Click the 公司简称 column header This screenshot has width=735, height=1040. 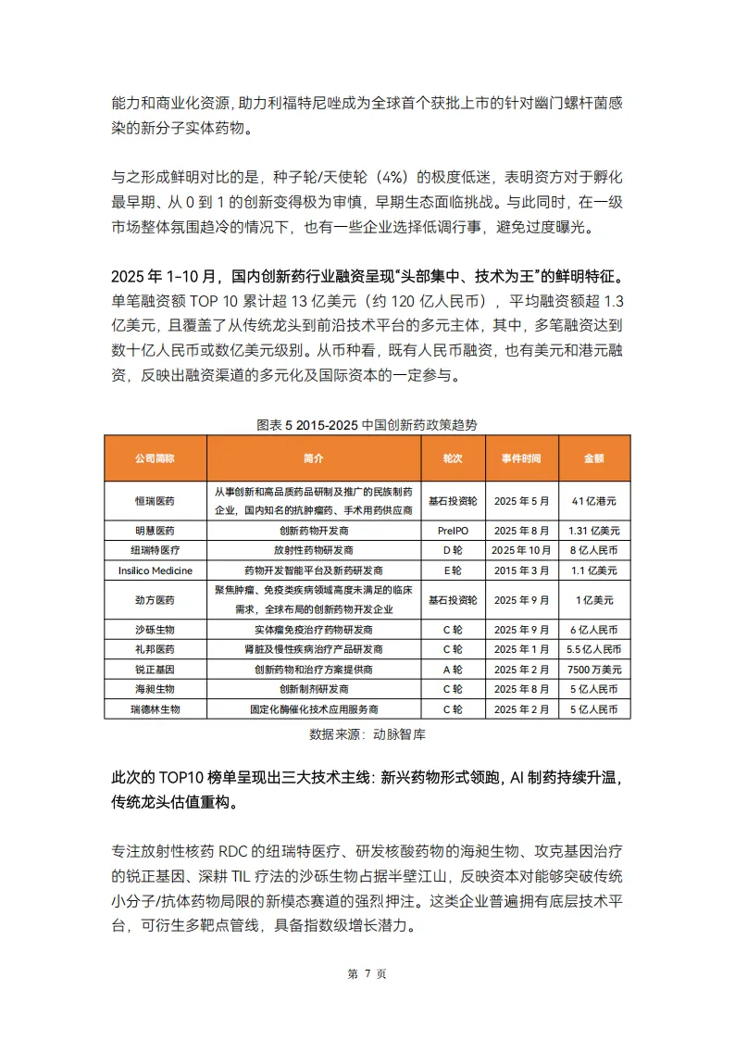pyautogui.click(x=155, y=458)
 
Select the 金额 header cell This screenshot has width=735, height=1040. pyautogui.click(x=593, y=458)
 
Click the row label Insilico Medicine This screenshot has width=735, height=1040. pyautogui.click(x=155, y=570)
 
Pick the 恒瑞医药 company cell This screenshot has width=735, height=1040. pyautogui.click(x=155, y=501)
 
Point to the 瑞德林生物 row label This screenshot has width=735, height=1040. pyautogui.click(x=155, y=708)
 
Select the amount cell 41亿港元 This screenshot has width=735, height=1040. pyautogui.click(x=593, y=501)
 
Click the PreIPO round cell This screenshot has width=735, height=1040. pyautogui.click(x=453, y=531)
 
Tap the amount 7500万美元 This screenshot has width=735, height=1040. pyautogui.click(x=593, y=669)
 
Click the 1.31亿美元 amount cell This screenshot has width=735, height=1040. pyautogui.click(x=593, y=531)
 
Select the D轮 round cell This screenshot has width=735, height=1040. pyautogui.click(x=453, y=550)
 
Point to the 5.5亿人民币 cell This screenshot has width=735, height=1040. pyautogui.click(x=593, y=649)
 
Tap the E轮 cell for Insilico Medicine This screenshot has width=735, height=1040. pyautogui.click(x=453, y=570)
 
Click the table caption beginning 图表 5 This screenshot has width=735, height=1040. pyautogui.click(x=367, y=424)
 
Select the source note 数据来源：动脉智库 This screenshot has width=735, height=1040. pyautogui.click(x=367, y=734)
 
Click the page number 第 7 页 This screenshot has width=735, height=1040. pyautogui.click(x=367, y=973)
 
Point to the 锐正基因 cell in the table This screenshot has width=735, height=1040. pyautogui.click(x=155, y=669)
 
